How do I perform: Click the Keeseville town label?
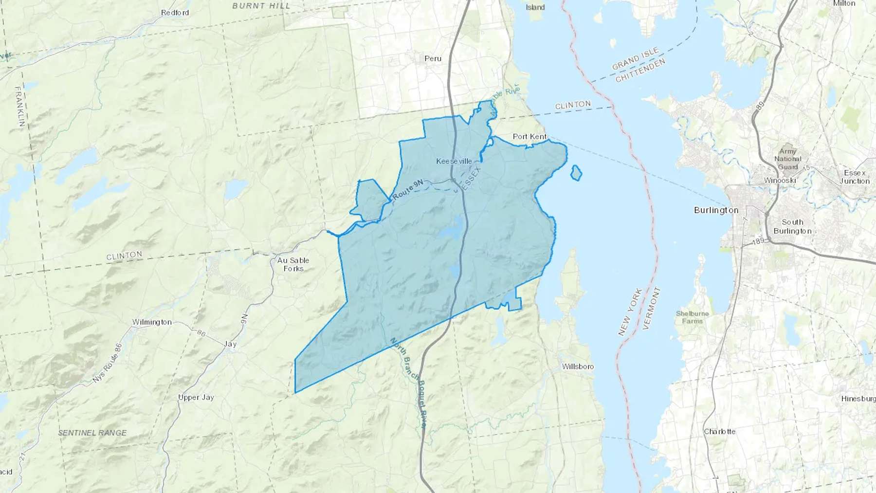[x=454, y=161]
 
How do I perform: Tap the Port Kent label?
[x=529, y=137]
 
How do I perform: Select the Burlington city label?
[x=716, y=210]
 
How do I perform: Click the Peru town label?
[x=433, y=58]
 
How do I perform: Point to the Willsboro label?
[x=578, y=366]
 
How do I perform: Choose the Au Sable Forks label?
[x=293, y=264]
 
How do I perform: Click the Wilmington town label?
[x=152, y=322]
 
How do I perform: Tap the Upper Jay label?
[x=196, y=397]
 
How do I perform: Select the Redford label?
[x=175, y=13]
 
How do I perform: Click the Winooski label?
[x=779, y=180]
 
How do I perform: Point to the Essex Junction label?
[x=855, y=177]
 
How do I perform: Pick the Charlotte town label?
[x=719, y=431]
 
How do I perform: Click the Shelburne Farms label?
[x=692, y=317]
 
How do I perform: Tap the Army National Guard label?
[x=787, y=159]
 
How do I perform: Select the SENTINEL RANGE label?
[x=92, y=433]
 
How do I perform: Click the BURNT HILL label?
[x=261, y=6]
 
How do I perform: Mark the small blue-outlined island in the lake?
[x=576, y=173]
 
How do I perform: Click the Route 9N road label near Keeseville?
[x=407, y=190]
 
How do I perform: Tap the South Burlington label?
[x=792, y=226]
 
